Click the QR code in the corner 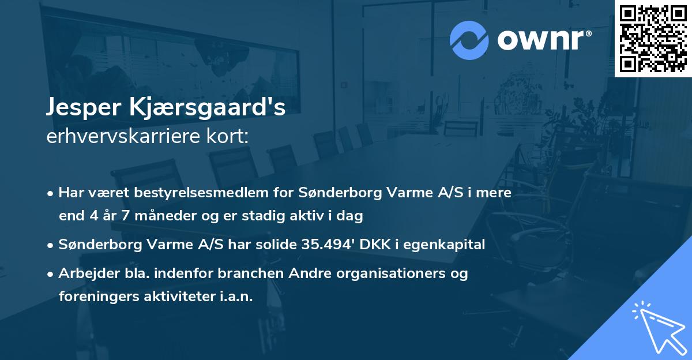click(x=653, y=38)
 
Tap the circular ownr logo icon click(x=469, y=40)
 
